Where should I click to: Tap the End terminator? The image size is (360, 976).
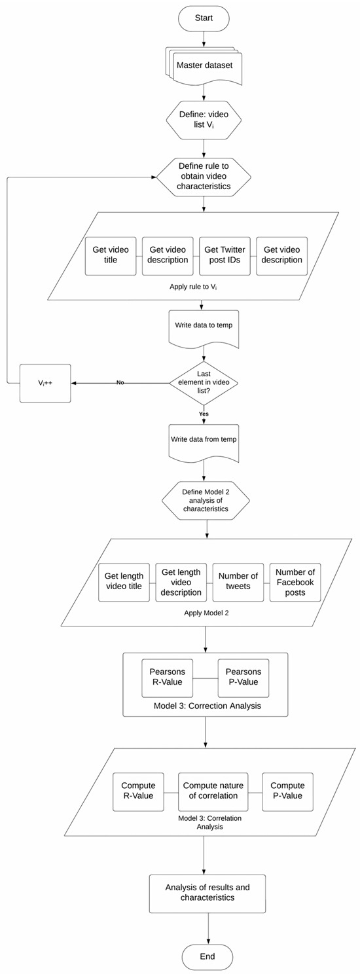[x=207, y=956]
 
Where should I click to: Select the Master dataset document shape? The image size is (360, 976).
[x=204, y=66]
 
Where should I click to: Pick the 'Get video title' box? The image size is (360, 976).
[x=111, y=255]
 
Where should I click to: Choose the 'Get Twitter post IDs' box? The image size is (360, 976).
[x=225, y=255]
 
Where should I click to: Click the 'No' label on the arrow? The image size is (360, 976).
[x=120, y=382]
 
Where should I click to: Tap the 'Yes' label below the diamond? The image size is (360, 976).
[x=204, y=414]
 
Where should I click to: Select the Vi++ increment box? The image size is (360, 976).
[x=45, y=382]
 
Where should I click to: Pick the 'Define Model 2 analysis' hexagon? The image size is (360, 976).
[x=206, y=500]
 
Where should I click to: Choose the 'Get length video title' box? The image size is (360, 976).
[x=124, y=581]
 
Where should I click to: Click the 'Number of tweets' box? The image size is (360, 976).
[x=238, y=581]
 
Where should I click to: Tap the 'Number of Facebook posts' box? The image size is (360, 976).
[x=295, y=581]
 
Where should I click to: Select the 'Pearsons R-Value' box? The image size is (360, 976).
[x=168, y=677]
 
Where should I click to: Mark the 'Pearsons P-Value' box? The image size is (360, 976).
[x=243, y=677]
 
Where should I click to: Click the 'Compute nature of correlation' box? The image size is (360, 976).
[x=210, y=791]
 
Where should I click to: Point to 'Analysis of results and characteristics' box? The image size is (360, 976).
[x=207, y=893]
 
